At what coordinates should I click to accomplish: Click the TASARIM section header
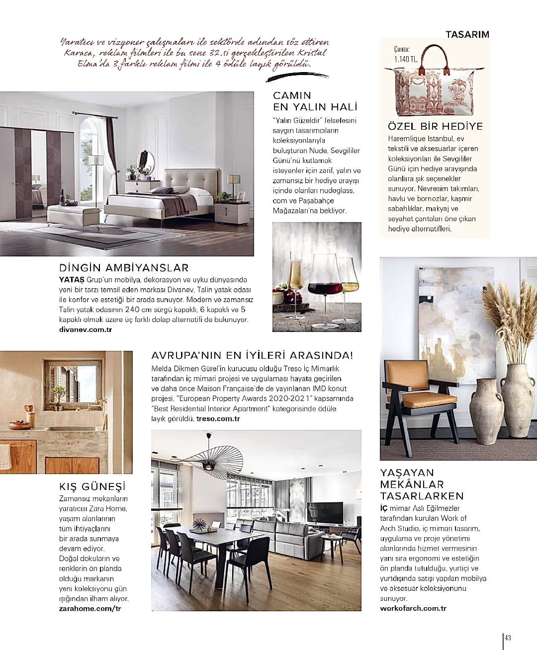pos(467,34)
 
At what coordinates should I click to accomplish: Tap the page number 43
pos(508,638)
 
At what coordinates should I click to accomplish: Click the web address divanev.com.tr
pos(85,329)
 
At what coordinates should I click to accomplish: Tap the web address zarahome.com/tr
pos(90,608)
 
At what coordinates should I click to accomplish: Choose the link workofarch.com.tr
pos(413,608)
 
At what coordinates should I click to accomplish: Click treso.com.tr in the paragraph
pos(218,418)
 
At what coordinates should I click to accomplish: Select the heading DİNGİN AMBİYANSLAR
pos(124,268)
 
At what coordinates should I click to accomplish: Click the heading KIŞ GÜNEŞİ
pos(92,486)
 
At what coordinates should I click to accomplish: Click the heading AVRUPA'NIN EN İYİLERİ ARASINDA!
pos(252,355)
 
